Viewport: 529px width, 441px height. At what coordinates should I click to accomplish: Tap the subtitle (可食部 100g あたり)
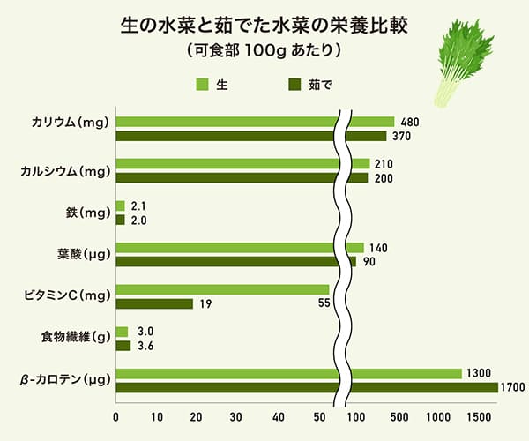264,51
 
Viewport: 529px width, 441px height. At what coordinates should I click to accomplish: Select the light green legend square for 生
201,85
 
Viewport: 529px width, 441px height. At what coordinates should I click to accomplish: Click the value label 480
408,122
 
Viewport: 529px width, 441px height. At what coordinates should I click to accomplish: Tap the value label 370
401,136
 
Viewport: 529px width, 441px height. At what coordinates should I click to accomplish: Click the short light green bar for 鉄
121,206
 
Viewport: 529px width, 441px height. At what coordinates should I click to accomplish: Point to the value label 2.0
138,220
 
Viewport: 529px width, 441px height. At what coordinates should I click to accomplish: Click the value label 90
369,261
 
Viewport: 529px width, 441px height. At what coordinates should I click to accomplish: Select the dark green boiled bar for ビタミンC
154,303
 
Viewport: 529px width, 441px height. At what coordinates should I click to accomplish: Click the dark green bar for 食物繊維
123,346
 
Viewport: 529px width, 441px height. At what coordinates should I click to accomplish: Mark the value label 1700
512,387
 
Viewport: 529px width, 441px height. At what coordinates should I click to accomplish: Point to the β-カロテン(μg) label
65,381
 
